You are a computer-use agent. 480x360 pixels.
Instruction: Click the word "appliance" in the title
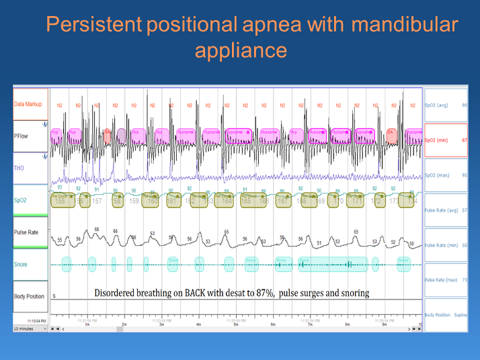tap(241, 51)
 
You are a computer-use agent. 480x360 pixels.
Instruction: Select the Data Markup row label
tap(29, 105)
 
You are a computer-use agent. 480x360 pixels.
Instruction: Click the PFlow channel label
tap(22, 135)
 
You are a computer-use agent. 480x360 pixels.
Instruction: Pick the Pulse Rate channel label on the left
tap(27, 232)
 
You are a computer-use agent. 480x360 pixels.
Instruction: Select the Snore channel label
tap(22, 265)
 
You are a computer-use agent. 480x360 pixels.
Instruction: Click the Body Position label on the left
tap(29, 296)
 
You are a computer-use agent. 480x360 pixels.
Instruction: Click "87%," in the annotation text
tap(265, 294)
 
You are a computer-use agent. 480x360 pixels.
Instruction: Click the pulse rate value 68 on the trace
tap(97, 230)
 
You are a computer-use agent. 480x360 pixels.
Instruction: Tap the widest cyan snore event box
tap(333, 264)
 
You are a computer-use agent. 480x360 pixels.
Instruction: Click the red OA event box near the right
tap(391, 133)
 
